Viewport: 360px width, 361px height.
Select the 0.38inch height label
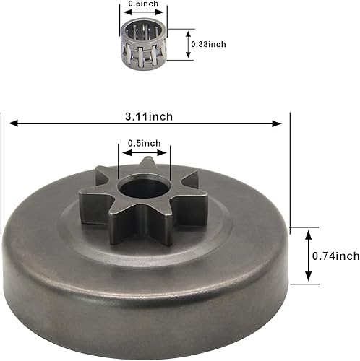[207, 44]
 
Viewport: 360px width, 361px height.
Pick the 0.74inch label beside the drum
[336, 255]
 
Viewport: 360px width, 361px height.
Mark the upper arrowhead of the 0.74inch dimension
[309, 232]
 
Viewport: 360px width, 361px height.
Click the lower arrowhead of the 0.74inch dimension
[309, 278]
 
